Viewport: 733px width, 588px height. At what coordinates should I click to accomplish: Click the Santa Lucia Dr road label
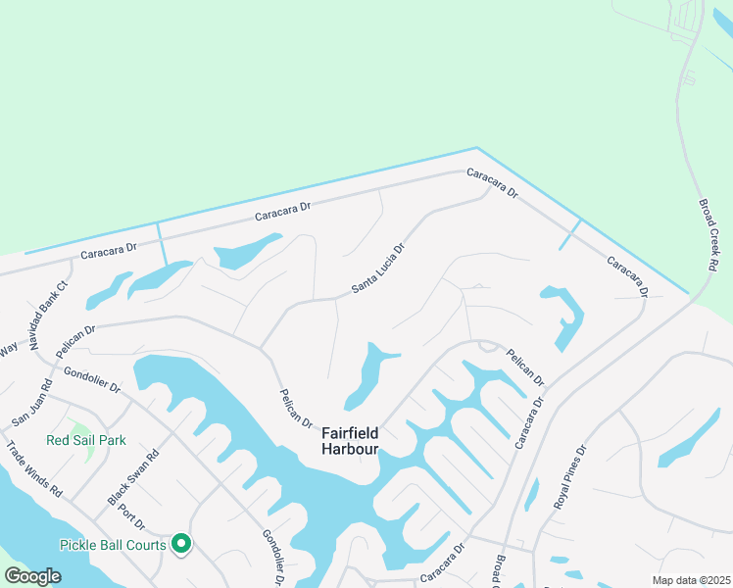(x=378, y=269)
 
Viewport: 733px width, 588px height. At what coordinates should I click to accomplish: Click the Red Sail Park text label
(x=86, y=440)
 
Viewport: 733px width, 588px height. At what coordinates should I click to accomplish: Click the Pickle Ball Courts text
(x=113, y=544)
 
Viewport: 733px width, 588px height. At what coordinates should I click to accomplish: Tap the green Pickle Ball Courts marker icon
(x=181, y=542)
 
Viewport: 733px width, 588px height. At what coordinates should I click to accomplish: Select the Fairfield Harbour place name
(x=350, y=441)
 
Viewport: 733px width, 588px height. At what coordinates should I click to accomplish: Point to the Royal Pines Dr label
(x=568, y=480)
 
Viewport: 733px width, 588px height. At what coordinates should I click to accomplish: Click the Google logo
(x=33, y=575)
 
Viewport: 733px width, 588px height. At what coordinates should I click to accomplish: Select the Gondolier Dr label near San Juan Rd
(x=91, y=379)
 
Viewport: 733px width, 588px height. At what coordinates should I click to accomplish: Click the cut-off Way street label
(x=9, y=349)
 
